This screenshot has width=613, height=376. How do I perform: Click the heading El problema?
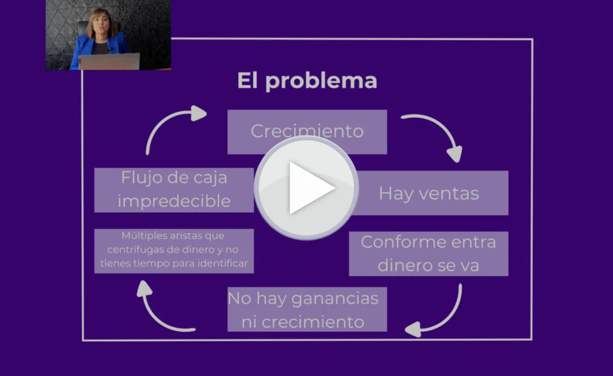pyautogui.click(x=307, y=81)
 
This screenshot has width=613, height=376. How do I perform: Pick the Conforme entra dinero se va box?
pyautogui.click(x=428, y=254)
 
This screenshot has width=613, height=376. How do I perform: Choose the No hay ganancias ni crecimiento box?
pyautogui.click(x=306, y=309)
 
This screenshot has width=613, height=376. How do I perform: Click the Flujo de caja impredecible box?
pyautogui.click(x=174, y=190)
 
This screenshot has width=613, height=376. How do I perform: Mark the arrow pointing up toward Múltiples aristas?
pyautogui.click(x=158, y=307)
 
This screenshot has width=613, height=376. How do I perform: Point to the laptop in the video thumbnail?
pyautogui.click(x=109, y=61)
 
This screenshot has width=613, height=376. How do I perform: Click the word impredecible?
pyautogui.click(x=174, y=201)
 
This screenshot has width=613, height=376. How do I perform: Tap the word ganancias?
pyautogui.click(x=335, y=298)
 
